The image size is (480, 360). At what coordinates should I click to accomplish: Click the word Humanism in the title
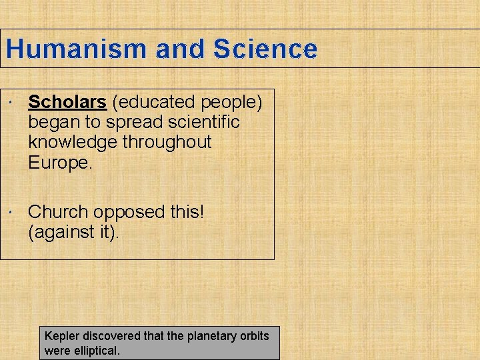pyautogui.click(x=76, y=49)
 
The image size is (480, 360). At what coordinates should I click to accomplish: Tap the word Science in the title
pyautogui.click(x=265, y=49)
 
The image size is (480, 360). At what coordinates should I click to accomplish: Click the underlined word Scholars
pyautogui.click(x=67, y=102)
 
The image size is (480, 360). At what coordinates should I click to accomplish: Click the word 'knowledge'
pyautogui.click(x=72, y=142)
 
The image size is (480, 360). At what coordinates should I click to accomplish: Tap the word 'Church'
pyautogui.click(x=58, y=212)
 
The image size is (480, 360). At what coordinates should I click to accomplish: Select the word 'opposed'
pyautogui.click(x=128, y=212)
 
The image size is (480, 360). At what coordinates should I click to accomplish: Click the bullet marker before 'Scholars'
pyautogui.click(x=13, y=103)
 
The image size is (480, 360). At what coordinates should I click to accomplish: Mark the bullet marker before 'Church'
pyautogui.click(x=13, y=213)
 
